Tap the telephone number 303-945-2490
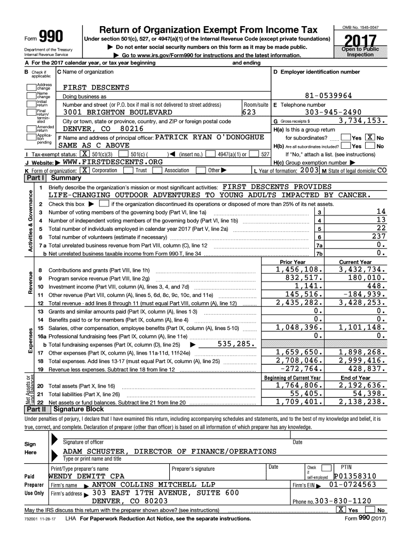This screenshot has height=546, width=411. (x=336, y=113)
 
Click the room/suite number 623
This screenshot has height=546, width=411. (x=249, y=113)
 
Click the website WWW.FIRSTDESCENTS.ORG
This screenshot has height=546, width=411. (x=112, y=162)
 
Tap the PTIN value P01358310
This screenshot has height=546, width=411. (x=355, y=476)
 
